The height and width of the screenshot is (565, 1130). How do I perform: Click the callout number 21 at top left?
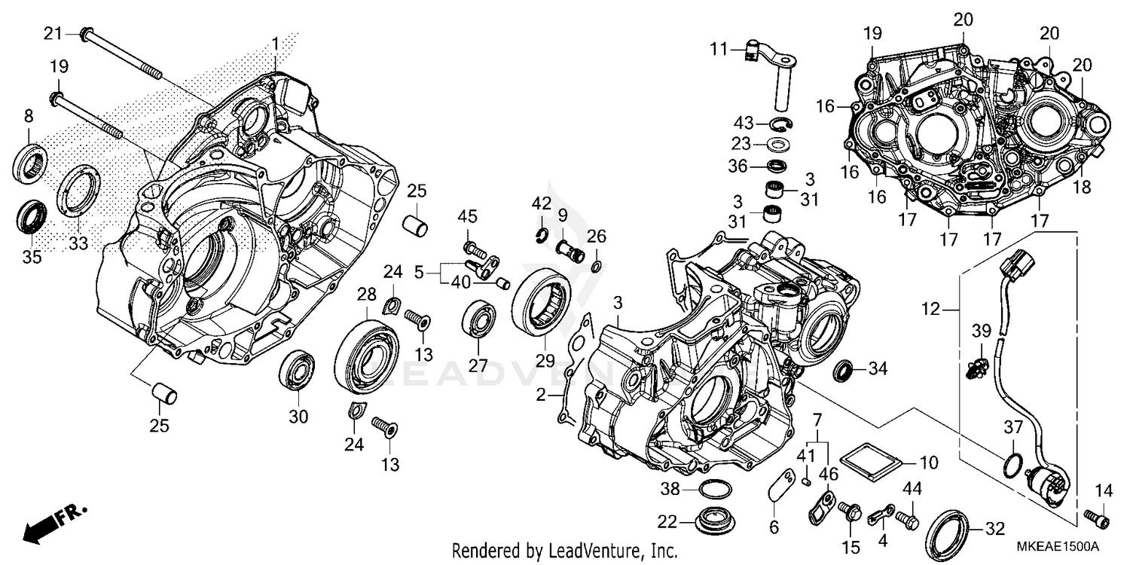(x=51, y=34)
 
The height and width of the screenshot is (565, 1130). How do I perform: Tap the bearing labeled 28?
(x=367, y=357)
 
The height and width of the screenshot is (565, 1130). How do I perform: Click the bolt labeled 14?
(x=1098, y=518)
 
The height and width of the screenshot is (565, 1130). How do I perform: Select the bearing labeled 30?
(x=298, y=370)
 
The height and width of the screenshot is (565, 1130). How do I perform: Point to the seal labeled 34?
(x=844, y=370)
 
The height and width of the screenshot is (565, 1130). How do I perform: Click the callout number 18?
(x=1082, y=188)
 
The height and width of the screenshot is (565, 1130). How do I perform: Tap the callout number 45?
(x=467, y=218)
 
